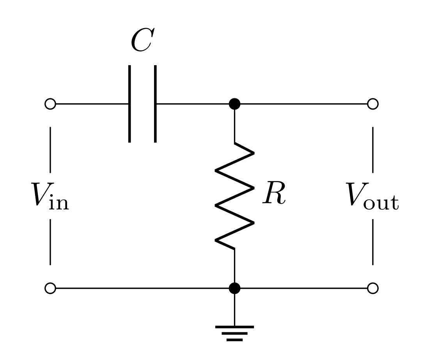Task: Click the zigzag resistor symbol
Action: [x=234, y=195]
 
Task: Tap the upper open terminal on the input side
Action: [x=50, y=104]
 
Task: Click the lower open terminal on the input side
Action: [x=50, y=288]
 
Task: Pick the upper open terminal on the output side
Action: [x=373, y=104]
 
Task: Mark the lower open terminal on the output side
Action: [x=373, y=288]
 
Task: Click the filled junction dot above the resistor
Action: [x=234, y=104]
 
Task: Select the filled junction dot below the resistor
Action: [x=234, y=288]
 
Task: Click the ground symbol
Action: [x=234, y=332]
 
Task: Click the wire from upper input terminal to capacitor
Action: [x=92, y=104]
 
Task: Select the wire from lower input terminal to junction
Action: [x=140, y=288]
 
